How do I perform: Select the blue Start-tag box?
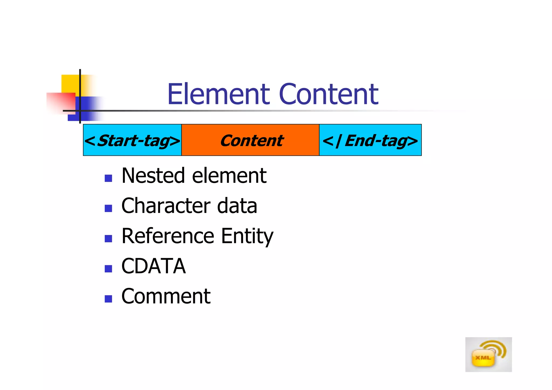pos(132,140)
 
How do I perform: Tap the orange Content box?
pos(250,140)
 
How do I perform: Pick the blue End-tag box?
pos(370,140)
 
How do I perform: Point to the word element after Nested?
pos(229,176)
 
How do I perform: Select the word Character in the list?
pos(165,206)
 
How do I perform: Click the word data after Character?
pos(237,206)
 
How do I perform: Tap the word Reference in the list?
pos(168,236)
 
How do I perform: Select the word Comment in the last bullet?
pos(166,296)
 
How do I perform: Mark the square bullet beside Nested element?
pos(108,178)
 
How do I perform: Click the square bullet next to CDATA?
pos(108,269)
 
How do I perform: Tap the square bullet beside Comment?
pos(108,299)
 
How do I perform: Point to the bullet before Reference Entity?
pos(108,239)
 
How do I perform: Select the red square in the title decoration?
pos(61,102)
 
